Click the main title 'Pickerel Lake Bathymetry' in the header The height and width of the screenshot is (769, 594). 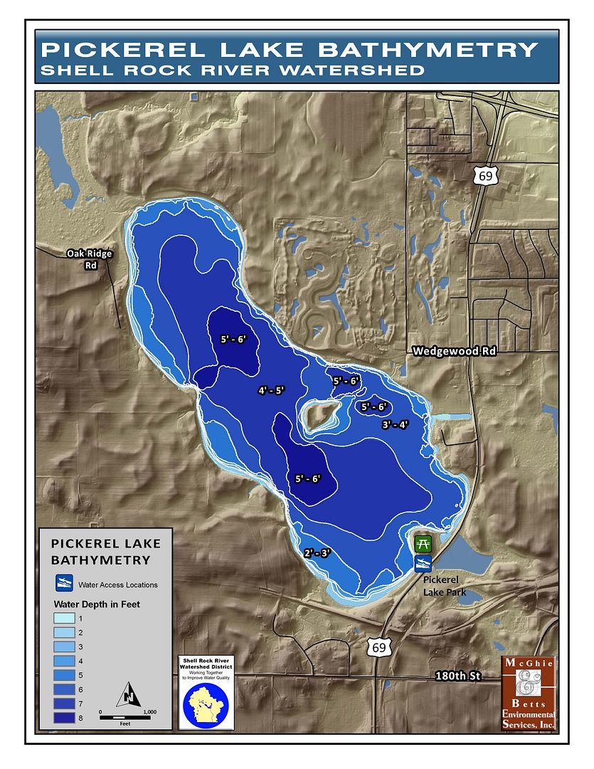click(289, 49)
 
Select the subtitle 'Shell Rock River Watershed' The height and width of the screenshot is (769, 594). click(233, 70)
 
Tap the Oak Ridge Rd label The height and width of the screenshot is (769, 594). click(89, 259)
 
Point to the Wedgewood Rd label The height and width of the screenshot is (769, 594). click(454, 350)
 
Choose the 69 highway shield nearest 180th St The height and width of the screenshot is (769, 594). click(377, 647)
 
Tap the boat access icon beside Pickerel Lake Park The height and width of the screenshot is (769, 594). click(423, 564)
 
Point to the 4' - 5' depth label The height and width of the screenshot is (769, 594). click(271, 390)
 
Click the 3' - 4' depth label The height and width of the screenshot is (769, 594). click(395, 424)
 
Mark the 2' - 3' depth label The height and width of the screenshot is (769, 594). click(317, 553)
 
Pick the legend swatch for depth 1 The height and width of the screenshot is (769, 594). click(66, 618)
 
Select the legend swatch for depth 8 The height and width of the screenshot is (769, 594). click(66, 718)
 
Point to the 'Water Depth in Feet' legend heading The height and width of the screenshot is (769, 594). click(97, 604)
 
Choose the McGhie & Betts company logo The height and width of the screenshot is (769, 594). click(528, 693)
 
